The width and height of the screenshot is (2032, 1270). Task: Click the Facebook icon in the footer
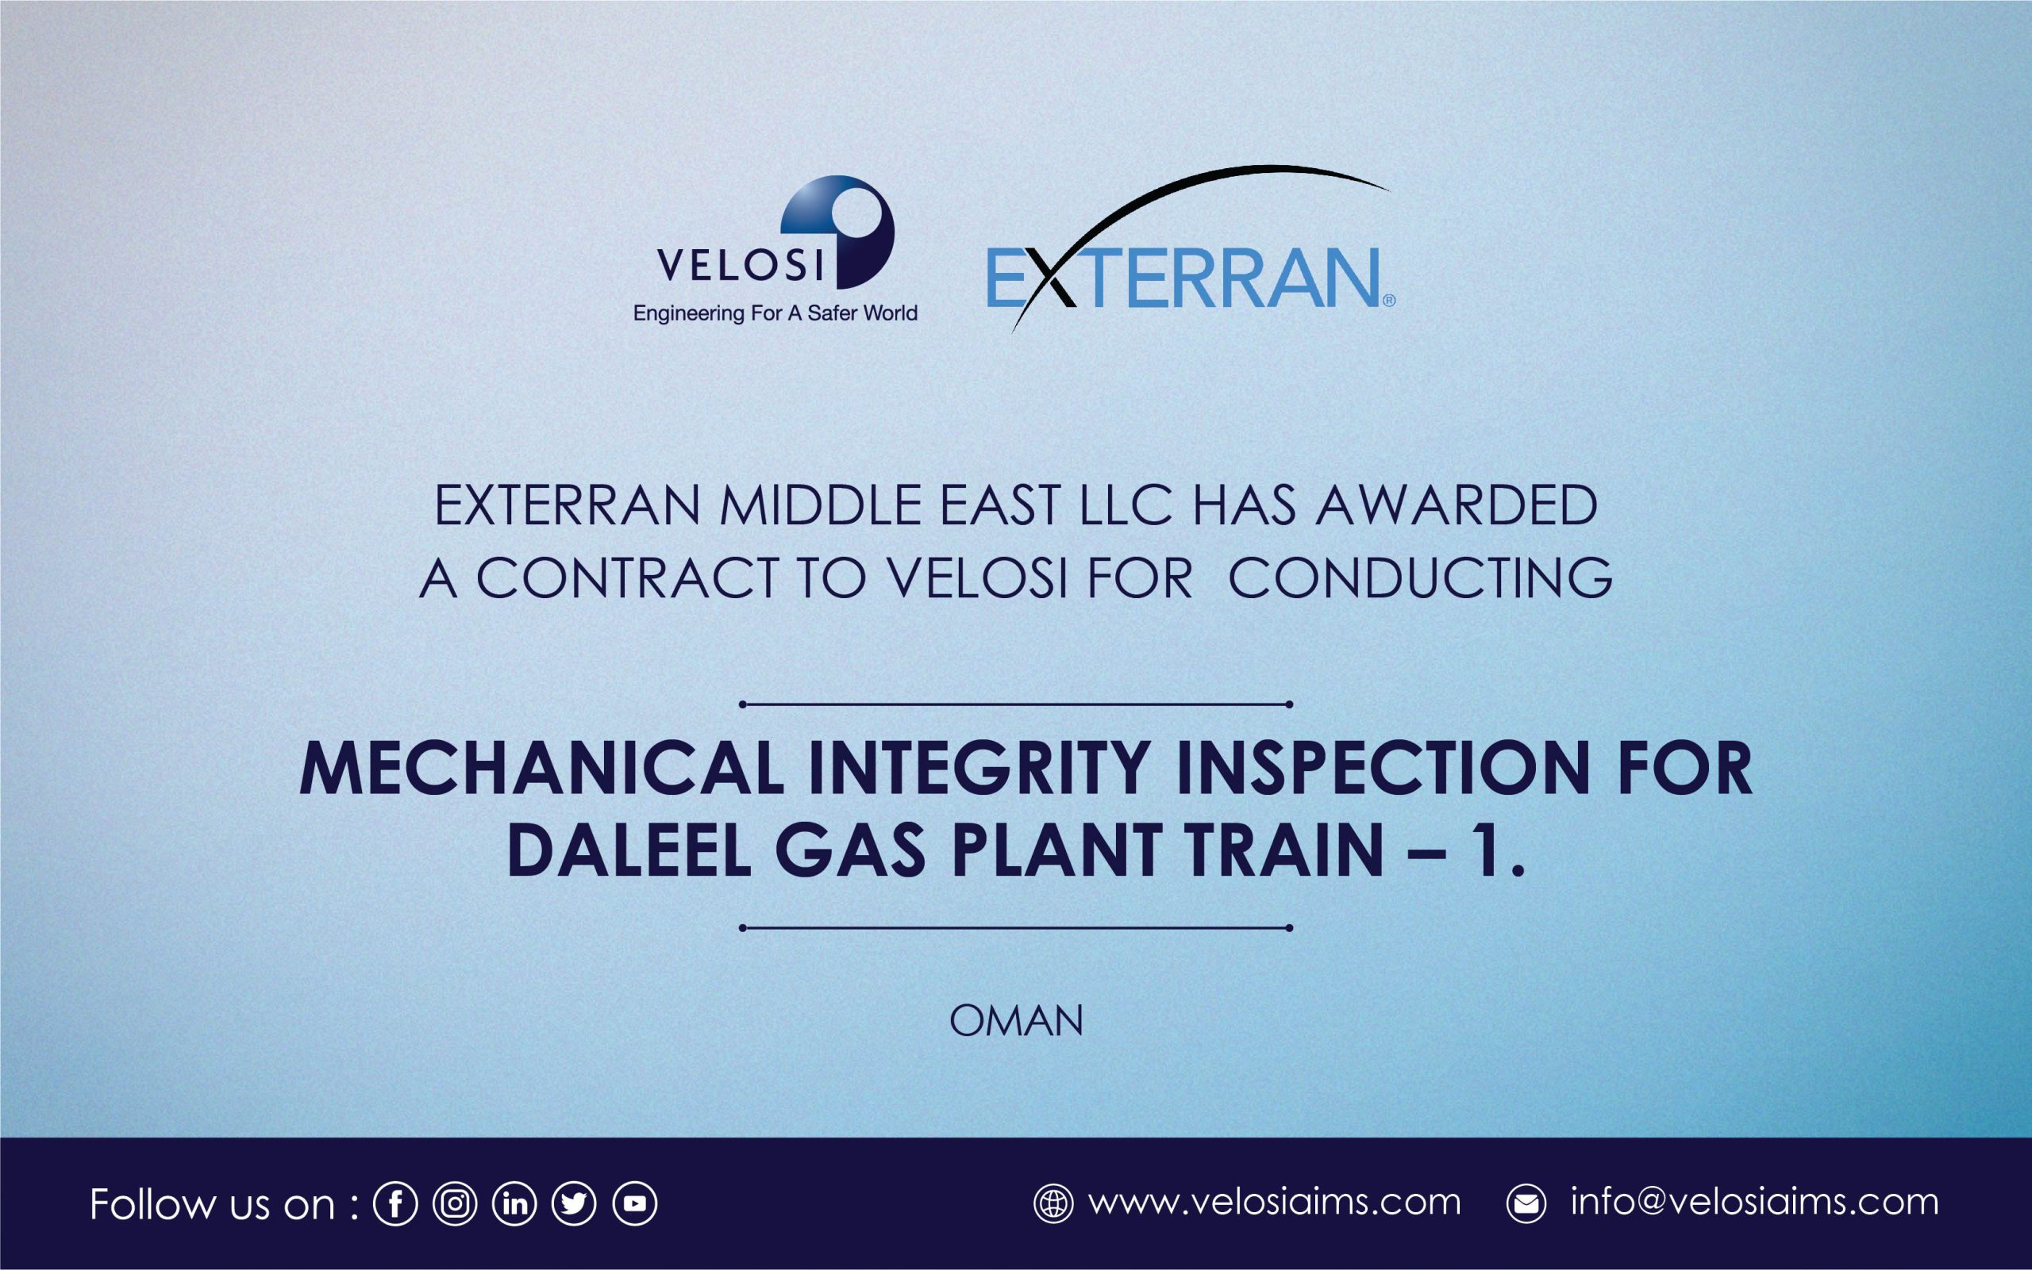pos(395,1204)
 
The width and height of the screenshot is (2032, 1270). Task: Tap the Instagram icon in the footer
pos(455,1204)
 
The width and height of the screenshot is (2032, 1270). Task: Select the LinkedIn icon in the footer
pos(514,1204)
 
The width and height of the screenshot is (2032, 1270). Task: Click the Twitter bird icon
pos(574,1204)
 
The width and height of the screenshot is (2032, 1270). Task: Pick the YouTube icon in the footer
pos(634,1204)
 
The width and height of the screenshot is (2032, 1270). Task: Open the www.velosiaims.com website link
pos(1275,1202)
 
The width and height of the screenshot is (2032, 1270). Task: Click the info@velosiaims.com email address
pos(1755,1202)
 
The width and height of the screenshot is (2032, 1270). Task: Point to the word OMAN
pos(1016,1022)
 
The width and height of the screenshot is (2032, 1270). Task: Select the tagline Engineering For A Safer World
pos(775,314)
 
